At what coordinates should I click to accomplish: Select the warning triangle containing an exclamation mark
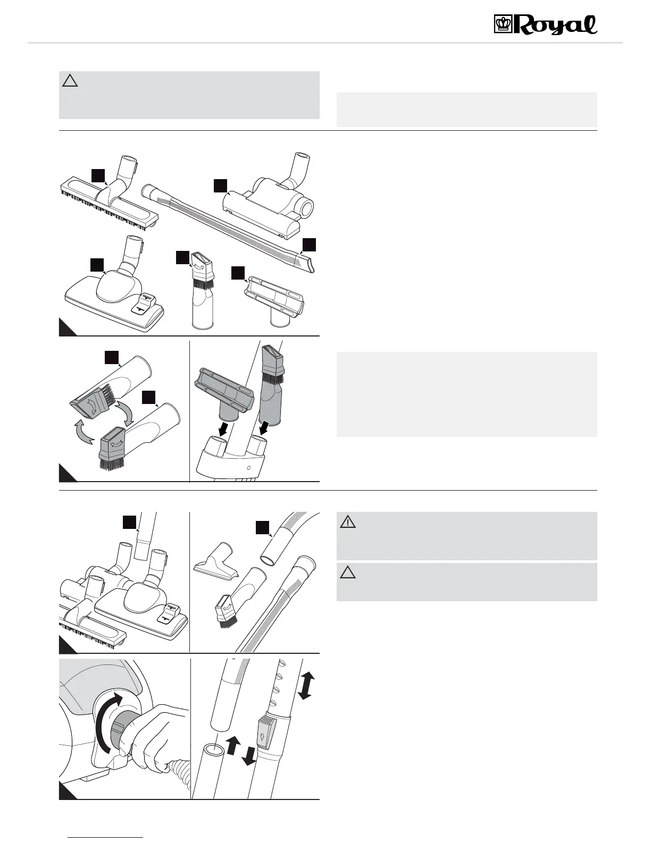pos(348,522)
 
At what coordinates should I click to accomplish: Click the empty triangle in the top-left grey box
pos(70,81)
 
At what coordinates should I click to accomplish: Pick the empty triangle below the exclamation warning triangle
pos(348,572)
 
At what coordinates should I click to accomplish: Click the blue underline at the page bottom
pos(106,837)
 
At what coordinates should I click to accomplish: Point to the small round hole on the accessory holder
pos(249,468)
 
